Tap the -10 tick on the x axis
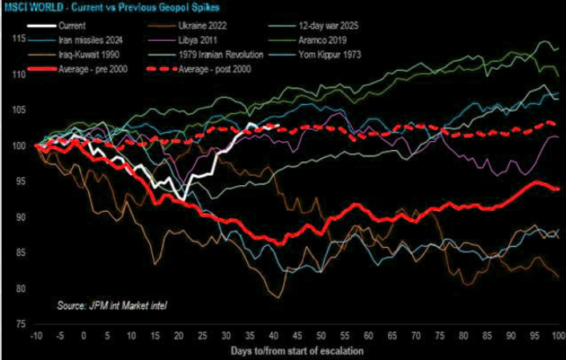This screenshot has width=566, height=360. pos(35,336)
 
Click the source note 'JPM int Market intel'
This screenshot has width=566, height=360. pos(112,305)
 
